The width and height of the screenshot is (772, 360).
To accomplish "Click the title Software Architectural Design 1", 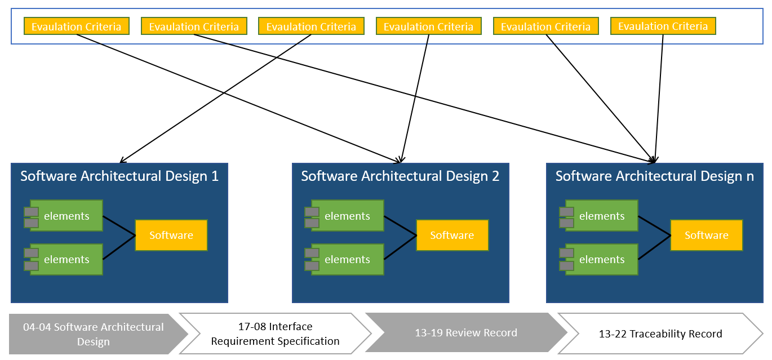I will click(x=119, y=176).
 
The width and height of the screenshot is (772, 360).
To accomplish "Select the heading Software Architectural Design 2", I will click(x=400, y=176).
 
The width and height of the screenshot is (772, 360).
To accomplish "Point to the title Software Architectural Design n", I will click(x=654, y=176).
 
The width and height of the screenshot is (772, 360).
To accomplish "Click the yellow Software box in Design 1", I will click(x=171, y=235).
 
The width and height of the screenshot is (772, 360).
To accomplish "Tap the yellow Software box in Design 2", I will click(x=452, y=235).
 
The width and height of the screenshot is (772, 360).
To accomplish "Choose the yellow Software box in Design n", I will click(x=706, y=235).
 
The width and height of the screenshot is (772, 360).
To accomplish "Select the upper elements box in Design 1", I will click(x=66, y=216).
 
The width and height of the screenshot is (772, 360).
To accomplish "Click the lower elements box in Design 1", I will click(x=66, y=260).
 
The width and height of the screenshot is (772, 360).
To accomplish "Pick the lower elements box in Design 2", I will click(x=347, y=260).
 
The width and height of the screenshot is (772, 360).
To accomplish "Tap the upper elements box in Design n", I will click(x=602, y=216).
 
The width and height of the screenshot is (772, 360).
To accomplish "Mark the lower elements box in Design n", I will click(x=602, y=260).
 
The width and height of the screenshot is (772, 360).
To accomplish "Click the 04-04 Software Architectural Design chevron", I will click(x=94, y=334).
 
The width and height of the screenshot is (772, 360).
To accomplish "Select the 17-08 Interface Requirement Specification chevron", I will click(x=275, y=334).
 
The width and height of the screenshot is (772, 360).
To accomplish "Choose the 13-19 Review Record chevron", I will click(x=465, y=333).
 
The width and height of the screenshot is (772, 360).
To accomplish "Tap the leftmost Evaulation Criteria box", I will click(x=76, y=26).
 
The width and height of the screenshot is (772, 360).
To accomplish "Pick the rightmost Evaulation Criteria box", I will click(x=663, y=26).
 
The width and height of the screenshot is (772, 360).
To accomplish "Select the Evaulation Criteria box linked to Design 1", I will click(x=311, y=26).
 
